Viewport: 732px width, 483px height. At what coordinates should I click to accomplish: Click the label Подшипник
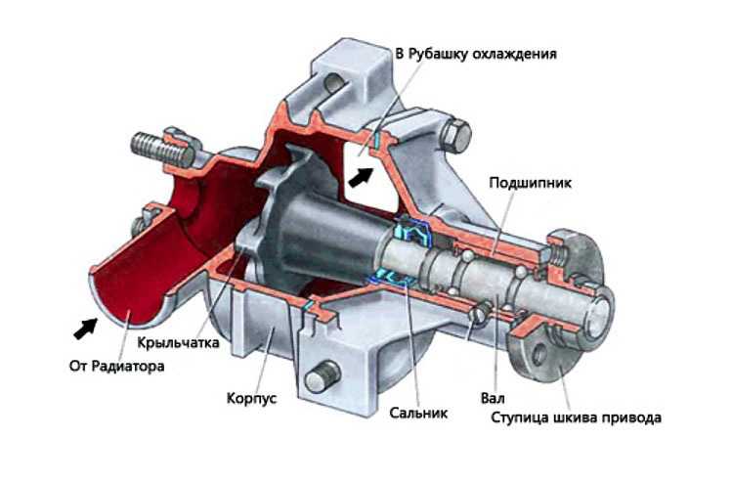(x=530, y=183)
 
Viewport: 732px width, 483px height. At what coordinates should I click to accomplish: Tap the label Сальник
(x=418, y=413)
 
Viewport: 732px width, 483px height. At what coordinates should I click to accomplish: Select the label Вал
(x=493, y=399)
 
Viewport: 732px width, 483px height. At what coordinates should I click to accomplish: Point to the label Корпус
(x=251, y=399)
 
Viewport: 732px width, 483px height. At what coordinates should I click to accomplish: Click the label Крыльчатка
(x=178, y=343)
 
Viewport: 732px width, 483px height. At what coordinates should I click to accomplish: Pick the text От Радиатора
(x=116, y=366)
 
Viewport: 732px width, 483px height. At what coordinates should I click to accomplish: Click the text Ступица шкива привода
(x=576, y=417)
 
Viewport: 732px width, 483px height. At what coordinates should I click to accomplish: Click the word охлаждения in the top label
(x=515, y=54)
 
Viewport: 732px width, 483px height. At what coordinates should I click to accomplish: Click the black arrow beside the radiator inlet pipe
(x=85, y=328)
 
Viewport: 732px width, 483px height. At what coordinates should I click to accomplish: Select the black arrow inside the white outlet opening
(x=361, y=178)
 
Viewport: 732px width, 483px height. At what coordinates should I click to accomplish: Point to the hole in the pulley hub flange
(x=539, y=354)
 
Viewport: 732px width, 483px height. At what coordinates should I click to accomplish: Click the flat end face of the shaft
(x=600, y=315)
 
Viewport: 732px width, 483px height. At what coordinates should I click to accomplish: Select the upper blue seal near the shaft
(x=412, y=231)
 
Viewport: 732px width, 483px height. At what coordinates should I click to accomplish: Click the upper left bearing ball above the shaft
(x=465, y=256)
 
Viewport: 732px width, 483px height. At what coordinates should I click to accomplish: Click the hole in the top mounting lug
(x=335, y=83)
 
